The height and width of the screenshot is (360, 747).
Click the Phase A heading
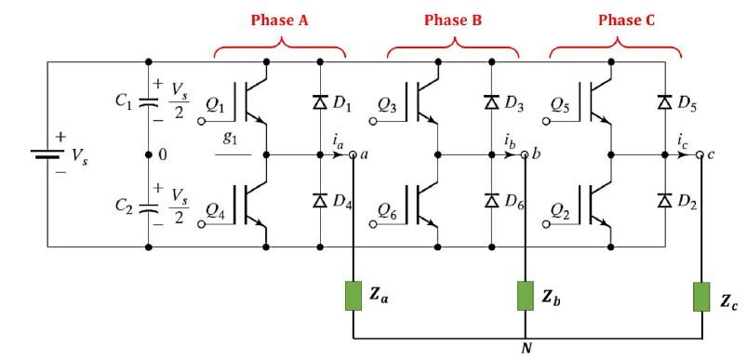tap(280, 20)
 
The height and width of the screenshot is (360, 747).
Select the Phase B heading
tap(454, 20)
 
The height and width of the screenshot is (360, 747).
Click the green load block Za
tap(353, 296)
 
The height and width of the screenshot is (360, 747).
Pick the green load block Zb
tap(526, 296)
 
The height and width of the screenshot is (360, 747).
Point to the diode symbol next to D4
tap(321, 199)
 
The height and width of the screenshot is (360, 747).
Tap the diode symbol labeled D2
tap(665, 199)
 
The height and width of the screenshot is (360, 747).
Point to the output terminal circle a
tap(353, 155)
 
